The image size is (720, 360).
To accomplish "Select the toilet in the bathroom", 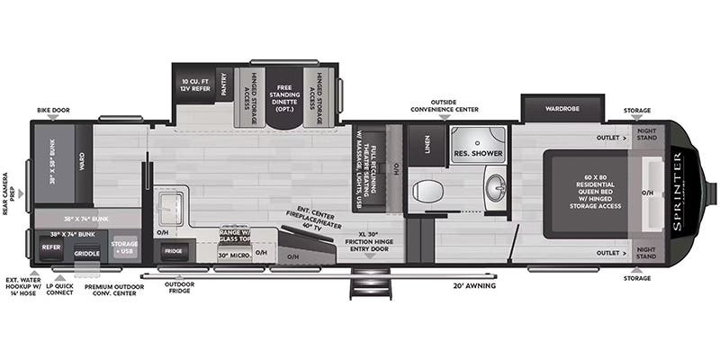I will [x=429, y=191].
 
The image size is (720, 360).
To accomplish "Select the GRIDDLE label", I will [x=87, y=253].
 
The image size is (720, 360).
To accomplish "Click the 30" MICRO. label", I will [x=233, y=255].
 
